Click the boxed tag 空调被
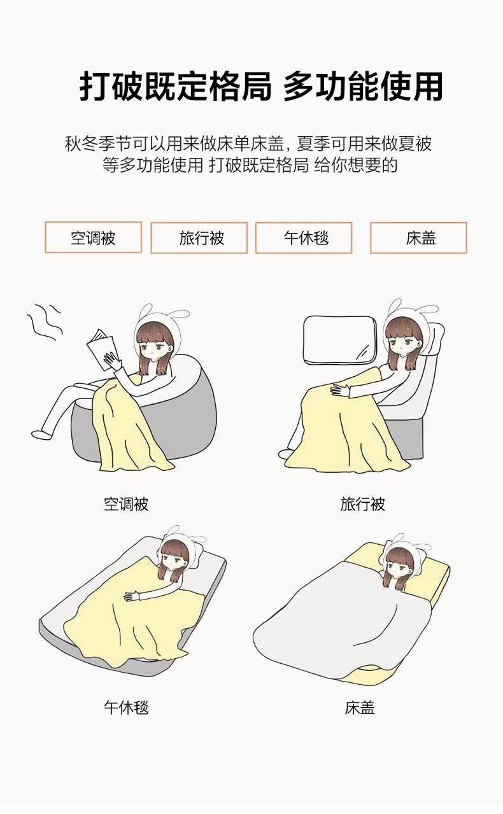click(94, 237)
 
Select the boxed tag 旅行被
click(199, 238)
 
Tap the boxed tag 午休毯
click(304, 238)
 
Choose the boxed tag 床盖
click(419, 238)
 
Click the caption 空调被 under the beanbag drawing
click(126, 504)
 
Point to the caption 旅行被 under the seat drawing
click(363, 504)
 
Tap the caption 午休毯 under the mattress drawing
click(126, 708)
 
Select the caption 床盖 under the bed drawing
click(360, 708)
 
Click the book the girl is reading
click(101, 349)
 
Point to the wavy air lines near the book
click(45, 322)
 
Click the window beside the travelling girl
click(341, 340)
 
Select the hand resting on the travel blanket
click(340, 390)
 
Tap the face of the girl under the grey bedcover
click(399, 568)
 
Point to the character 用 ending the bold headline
click(427, 86)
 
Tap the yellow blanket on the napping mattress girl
click(131, 618)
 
